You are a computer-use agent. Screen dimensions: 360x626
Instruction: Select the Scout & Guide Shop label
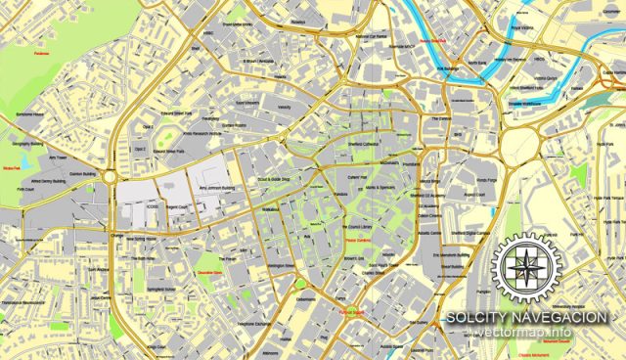point(273,180)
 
